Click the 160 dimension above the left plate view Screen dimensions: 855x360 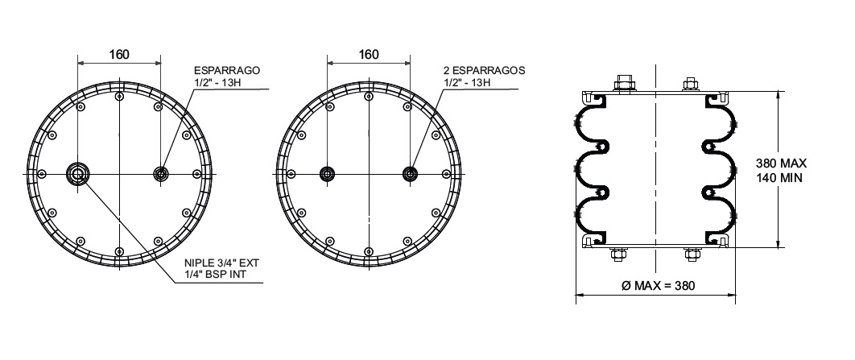[119, 55]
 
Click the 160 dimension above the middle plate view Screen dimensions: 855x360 [369, 55]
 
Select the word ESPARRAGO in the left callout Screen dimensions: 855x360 [227, 70]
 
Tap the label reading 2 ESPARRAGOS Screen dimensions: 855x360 [484, 70]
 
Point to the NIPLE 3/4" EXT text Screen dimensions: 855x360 [221, 263]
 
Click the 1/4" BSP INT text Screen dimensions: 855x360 [215, 274]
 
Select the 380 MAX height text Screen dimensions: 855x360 [781, 163]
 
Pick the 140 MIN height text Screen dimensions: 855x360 [779, 177]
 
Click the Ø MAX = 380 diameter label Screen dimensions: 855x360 [658, 285]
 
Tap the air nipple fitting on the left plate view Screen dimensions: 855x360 [77, 174]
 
